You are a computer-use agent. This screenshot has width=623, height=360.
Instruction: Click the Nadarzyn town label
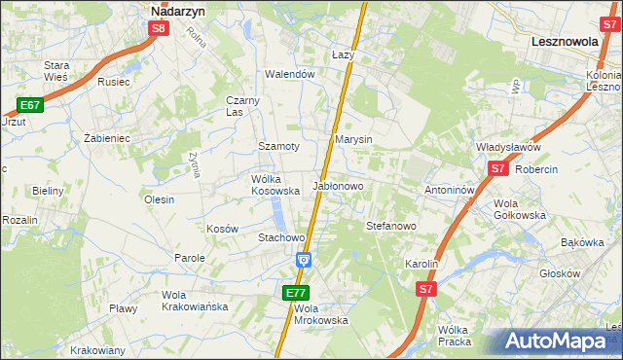coord(177,12)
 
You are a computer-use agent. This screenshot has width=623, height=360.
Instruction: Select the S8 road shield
coord(160,29)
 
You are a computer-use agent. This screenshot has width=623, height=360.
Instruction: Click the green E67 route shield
coord(29,105)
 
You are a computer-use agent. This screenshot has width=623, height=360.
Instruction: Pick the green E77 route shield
coord(297,292)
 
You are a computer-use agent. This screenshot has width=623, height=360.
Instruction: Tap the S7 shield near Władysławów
coord(498,168)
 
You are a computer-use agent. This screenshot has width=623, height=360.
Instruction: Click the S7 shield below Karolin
coord(425,289)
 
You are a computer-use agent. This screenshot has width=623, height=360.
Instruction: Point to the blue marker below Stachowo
coord(304,259)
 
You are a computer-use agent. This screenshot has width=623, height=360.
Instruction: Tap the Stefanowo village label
coord(391,226)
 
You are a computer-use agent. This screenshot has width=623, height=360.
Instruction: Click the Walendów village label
coord(291,74)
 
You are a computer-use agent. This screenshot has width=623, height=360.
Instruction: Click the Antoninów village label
coord(449,190)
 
